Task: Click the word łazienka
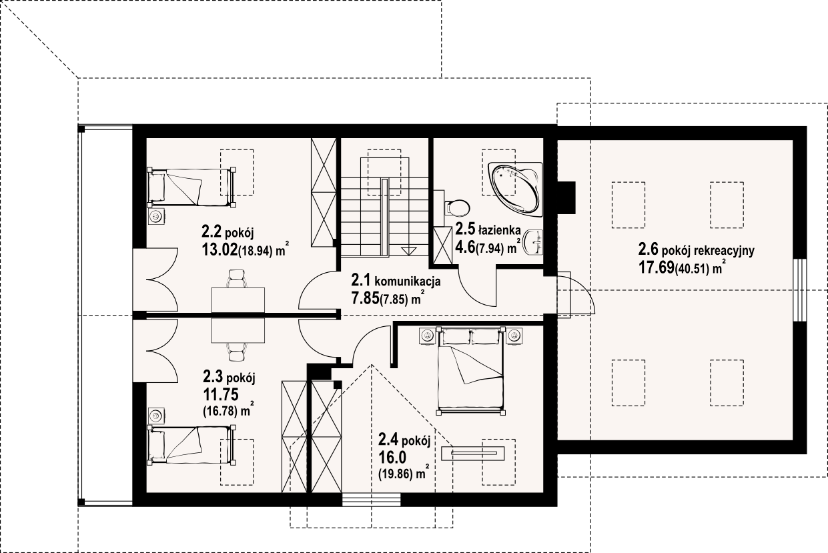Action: (x=499, y=231)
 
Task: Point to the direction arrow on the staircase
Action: (x=408, y=249)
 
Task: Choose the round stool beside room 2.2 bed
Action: (x=156, y=216)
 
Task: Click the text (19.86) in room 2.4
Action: (x=392, y=475)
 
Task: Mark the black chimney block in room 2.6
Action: (x=566, y=197)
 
